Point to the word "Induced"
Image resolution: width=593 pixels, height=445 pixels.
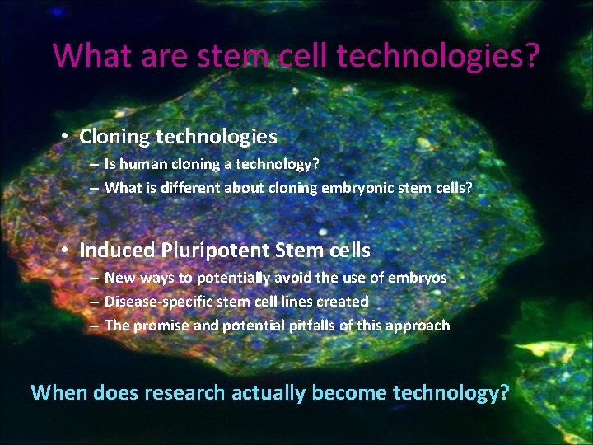(x=115, y=250)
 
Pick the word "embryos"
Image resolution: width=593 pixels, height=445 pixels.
(x=418, y=278)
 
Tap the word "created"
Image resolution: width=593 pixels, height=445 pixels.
(x=339, y=302)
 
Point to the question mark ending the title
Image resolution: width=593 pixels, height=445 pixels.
(x=531, y=56)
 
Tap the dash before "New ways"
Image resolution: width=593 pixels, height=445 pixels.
(x=95, y=279)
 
